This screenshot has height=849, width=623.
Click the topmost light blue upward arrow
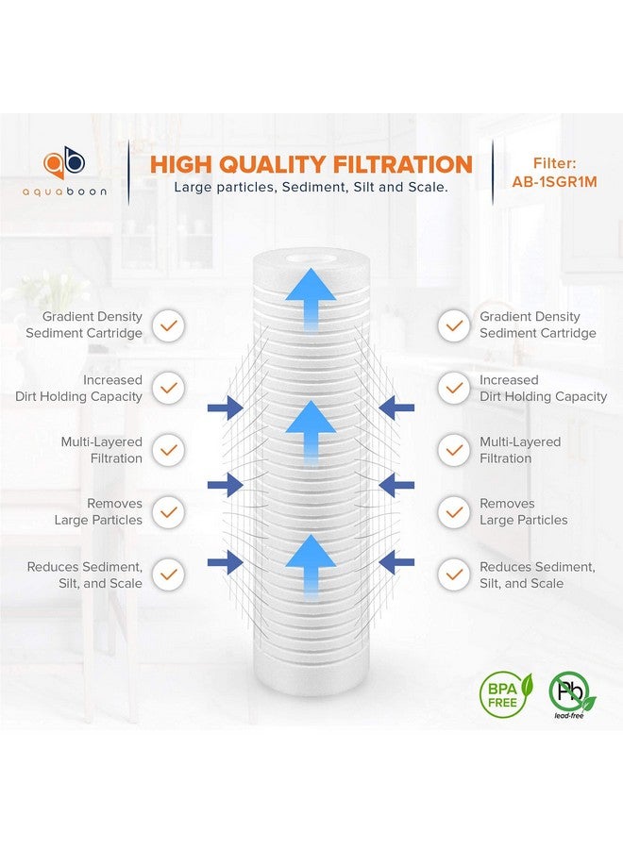(311, 294)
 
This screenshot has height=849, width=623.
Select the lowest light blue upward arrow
(311, 562)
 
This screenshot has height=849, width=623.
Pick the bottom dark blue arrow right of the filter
(397, 563)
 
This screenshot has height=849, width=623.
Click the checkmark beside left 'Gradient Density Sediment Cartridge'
(168, 325)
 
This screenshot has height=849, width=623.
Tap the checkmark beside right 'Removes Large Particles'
(454, 512)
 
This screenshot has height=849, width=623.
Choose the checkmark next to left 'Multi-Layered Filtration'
(168, 450)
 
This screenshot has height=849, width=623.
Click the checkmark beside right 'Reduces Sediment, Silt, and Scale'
(454, 574)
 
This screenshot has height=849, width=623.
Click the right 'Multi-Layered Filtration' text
(520, 450)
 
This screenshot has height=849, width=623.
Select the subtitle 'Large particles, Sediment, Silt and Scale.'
(311, 188)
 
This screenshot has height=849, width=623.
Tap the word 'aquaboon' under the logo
(66, 191)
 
